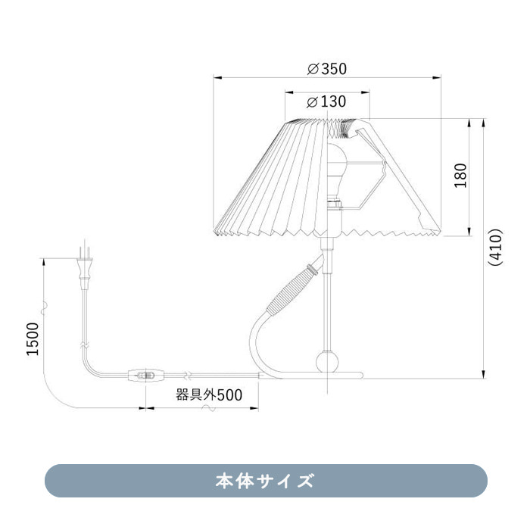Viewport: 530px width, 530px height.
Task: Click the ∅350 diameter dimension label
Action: tap(326, 69)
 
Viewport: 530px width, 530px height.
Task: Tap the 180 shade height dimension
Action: tap(460, 175)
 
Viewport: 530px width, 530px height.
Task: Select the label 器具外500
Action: tap(208, 394)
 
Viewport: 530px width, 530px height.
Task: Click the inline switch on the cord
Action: tap(148, 374)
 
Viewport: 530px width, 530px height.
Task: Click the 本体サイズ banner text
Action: tap(265, 481)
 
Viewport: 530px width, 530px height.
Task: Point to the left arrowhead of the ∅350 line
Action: tap(216, 77)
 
